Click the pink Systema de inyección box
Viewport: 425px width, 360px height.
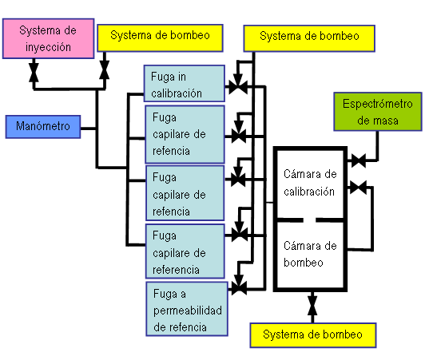[x=48, y=38]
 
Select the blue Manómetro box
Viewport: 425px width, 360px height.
[x=43, y=127]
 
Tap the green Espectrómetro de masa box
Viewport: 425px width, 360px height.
[x=378, y=112]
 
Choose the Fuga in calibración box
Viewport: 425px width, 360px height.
[x=185, y=84]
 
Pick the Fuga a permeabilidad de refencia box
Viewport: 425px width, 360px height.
[x=187, y=309]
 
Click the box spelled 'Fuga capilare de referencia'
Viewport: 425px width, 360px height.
[x=185, y=251]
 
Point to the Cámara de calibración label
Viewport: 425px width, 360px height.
[x=310, y=183]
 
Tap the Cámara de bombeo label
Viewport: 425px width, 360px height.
[x=310, y=254]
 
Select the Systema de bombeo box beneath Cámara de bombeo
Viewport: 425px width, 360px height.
[x=313, y=335]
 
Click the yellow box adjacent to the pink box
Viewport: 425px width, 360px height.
[x=160, y=38]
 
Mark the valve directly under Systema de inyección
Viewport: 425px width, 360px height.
[x=34, y=73]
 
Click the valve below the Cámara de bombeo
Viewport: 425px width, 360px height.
[x=312, y=305]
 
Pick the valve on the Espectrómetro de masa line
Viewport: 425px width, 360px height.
[x=359, y=160]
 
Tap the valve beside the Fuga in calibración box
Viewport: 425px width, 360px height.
[x=238, y=87]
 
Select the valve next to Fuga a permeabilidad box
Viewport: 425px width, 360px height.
[x=239, y=288]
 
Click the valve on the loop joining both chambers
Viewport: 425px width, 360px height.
[x=359, y=187]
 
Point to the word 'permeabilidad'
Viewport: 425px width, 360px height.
[x=188, y=311]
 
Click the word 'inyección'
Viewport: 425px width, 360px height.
[x=48, y=47]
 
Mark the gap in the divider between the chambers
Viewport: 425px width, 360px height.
[x=309, y=220]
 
